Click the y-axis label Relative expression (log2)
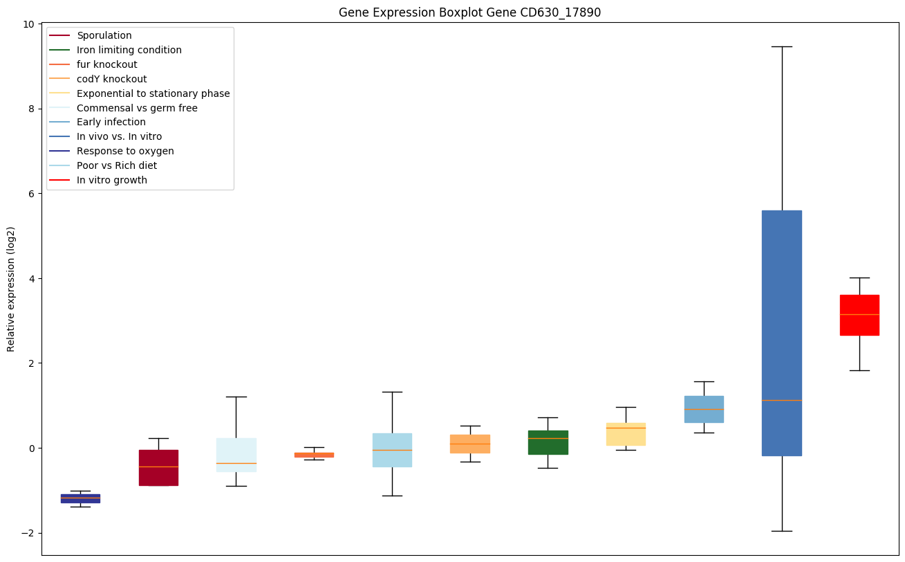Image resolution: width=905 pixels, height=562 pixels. (11, 289)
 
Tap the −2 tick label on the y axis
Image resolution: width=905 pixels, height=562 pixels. (28, 533)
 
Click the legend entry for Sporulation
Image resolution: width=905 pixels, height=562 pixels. (104, 35)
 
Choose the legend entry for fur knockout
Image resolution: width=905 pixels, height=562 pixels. (107, 64)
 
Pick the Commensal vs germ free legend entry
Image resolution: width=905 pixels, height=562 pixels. (137, 108)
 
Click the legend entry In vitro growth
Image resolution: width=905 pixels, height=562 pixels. (112, 181)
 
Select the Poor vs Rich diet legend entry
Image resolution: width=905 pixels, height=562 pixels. (117, 166)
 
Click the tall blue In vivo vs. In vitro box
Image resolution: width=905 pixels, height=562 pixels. (782, 333)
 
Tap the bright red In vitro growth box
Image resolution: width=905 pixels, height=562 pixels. (859, 315)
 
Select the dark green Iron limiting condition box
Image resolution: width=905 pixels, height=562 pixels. (548, 442)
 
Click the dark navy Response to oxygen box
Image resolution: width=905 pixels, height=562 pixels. (80, 498)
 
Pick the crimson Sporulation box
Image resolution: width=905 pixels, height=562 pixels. (158, 468)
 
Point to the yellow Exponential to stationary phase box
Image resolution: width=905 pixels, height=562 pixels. (626, 434)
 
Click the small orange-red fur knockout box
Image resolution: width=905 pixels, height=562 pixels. (314, 455)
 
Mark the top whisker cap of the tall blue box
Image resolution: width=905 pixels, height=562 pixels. (782, 46)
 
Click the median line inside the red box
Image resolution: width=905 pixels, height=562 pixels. (859, 314)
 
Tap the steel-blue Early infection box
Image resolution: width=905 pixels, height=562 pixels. (704, 409)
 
